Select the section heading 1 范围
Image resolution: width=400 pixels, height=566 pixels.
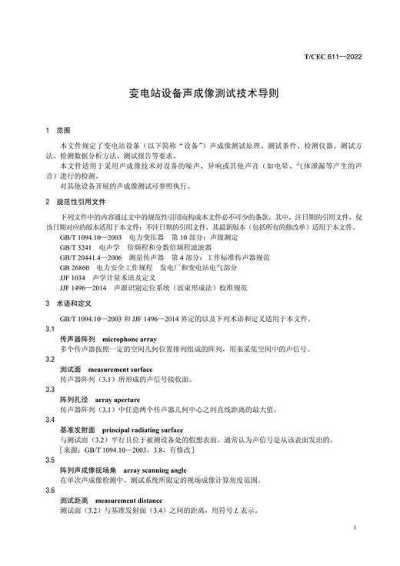(58, 131)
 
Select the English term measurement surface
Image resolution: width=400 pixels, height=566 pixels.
(122, 370)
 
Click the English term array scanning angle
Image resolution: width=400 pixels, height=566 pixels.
(148, 469)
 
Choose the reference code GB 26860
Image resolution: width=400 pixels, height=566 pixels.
(75, 266)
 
